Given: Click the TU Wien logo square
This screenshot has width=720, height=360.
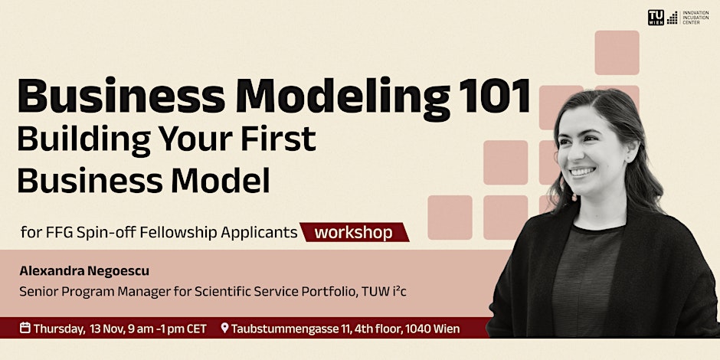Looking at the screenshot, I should point(656,17).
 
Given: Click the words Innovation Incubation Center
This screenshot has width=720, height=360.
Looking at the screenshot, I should point(695,17).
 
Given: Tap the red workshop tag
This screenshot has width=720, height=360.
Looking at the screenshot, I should point(353,232).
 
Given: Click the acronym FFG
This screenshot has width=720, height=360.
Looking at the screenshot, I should point(60,232).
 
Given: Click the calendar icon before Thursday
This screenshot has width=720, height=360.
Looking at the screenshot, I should point(25,329).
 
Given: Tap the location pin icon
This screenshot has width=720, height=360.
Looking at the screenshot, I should point(224,329).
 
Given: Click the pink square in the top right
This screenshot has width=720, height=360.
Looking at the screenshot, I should point(617,52).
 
